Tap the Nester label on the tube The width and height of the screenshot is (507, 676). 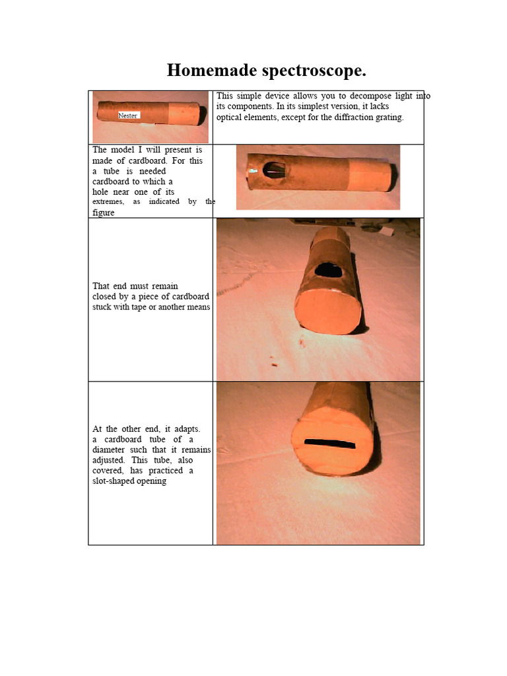(x=128, y=116)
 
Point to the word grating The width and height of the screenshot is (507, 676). (x=384, y=118)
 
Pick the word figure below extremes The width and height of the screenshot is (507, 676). (x=104, y=213)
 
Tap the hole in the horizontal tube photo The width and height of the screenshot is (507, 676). (x=273, y=170)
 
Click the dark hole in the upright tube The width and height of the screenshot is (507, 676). (x=325, y=269)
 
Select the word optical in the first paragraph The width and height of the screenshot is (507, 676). (x=232, y=118)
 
